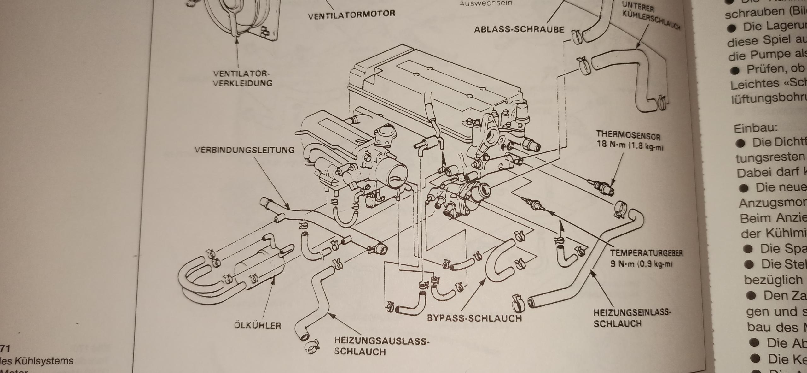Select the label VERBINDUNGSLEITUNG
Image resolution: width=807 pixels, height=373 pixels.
(x=244, y=150)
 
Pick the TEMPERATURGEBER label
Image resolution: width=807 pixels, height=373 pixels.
(x=646, y=253)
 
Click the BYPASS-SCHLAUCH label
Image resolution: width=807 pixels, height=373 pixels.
(x=474, y=318)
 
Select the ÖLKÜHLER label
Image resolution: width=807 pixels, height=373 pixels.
(x=258, y=325)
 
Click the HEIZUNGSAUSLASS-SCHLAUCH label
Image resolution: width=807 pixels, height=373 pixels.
(x=381, y=346)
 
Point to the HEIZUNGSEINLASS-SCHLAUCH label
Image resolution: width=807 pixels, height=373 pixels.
(x=632, y=318)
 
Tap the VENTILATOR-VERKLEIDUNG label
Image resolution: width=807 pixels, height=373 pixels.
(x=242, y=79)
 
